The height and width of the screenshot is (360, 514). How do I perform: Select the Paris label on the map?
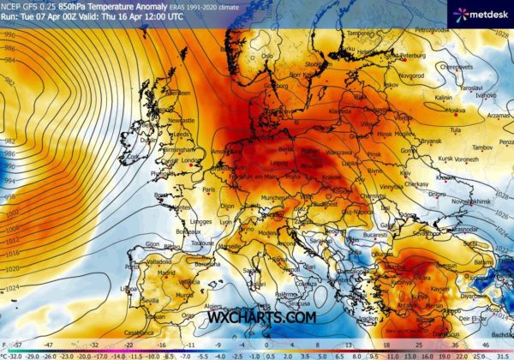click(x=208, y=189)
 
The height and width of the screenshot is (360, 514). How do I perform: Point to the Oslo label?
click(x=268, y=57)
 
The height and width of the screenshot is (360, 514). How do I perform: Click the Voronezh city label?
click(x=468, y=159)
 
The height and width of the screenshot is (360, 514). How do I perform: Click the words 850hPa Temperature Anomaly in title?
click(x=99, y=7)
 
